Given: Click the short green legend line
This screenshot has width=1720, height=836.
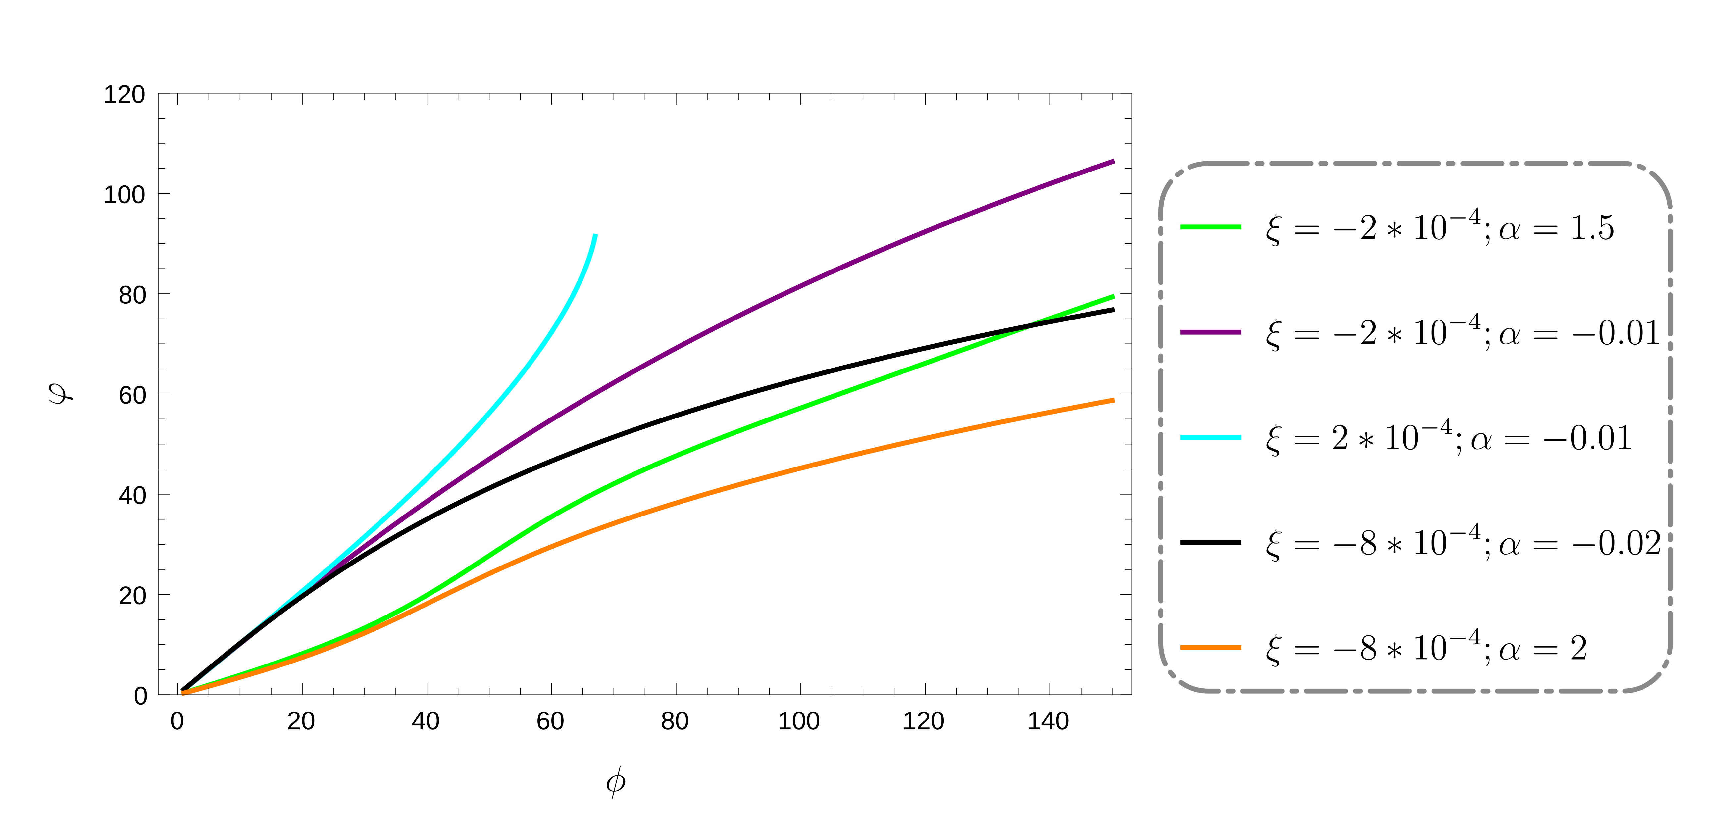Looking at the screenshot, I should [1211, 227].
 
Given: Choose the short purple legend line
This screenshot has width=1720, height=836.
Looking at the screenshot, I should [1211, 332].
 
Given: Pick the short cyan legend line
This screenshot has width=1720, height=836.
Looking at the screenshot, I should [1211, 437].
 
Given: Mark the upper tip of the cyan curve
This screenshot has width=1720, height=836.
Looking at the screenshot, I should [595, 235].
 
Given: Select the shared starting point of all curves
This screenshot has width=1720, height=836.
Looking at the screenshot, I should [184, 692].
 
